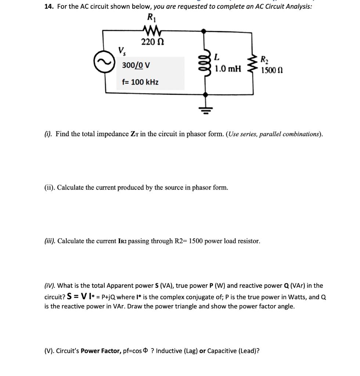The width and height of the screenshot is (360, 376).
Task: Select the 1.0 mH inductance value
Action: coord(228,68)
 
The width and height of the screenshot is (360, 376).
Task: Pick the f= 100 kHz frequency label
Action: coord(140,82)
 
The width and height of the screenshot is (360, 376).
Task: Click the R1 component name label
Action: coord(151,17)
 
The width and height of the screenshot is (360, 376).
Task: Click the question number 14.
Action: coord(49,6)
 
